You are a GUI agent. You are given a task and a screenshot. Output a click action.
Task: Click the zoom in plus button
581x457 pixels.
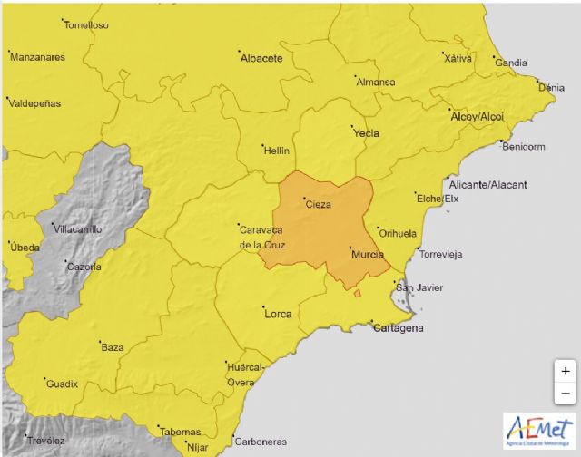(565, 371)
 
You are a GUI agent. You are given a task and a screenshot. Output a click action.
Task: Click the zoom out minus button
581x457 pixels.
(565, 393)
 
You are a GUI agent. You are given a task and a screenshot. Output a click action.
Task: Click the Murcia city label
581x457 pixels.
(367, 255)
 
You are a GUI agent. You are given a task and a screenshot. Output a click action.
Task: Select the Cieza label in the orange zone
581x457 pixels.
(319, 205)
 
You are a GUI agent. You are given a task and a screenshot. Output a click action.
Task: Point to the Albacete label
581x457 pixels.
(261, 58)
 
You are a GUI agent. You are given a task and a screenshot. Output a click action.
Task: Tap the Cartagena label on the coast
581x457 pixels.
(399, 328)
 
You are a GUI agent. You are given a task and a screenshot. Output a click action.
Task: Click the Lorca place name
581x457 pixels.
(277, 314)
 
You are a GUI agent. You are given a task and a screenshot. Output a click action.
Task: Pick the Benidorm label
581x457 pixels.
(526, 145)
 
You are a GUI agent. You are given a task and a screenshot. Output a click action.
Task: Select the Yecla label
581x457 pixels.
(366, 133)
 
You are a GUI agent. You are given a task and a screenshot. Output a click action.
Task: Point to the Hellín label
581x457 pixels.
(275, 150)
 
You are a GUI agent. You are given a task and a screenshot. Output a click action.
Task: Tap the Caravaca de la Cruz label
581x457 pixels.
(262, 238)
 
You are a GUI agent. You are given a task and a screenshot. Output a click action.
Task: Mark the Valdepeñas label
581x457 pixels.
(34, 103)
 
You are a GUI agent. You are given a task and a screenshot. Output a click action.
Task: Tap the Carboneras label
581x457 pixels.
(261, 442)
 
